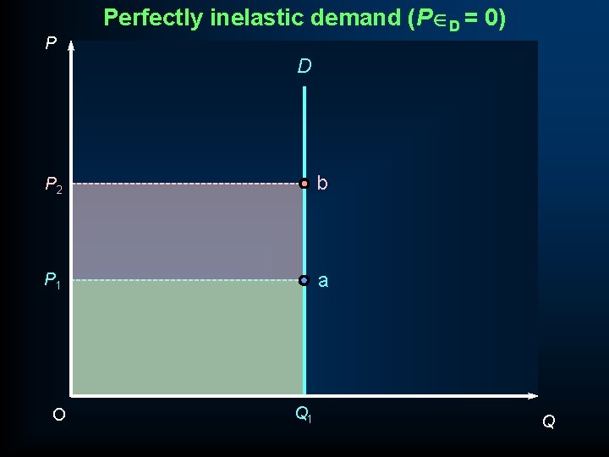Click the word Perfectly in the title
tap(150, 18)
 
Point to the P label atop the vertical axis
tap(51, 42)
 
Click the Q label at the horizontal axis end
tap(548, 421)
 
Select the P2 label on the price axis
tap(53, 184)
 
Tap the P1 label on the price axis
tap(52, 280)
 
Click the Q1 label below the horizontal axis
tap(303, 415)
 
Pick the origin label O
tap(58, 415)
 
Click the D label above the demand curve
tap(304, 66)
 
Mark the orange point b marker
tap(304, 183)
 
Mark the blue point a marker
tap(304, 279)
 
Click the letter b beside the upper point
tap(322, 183)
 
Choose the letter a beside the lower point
tap(322, 280)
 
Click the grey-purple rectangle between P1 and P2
tap(186, 231)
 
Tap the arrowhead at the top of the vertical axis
tap(71, 47)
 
